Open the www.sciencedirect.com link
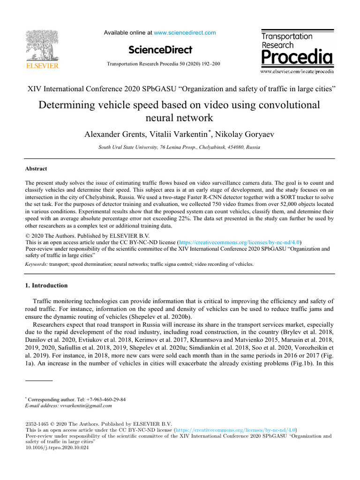tap(185, 33)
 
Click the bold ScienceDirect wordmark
tap(160, 50)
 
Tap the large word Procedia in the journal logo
tap(297, 58)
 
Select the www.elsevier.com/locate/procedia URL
tap(297, 72)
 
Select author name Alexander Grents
tap(114, 135)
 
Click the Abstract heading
tap(36, 169)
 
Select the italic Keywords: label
tap(36, 264)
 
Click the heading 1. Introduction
tap(46, 285)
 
